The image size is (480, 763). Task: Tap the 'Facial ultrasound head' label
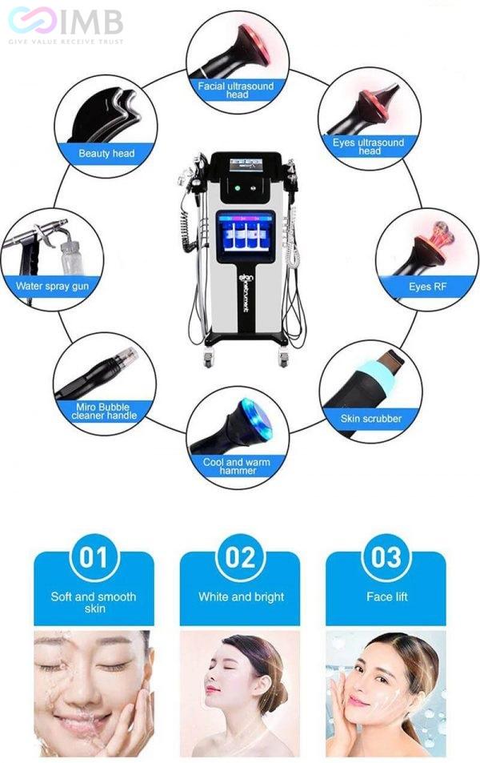pos(237,89)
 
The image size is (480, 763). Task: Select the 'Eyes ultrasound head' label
pos(369,147)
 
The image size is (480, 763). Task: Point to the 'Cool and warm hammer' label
pos(236,466)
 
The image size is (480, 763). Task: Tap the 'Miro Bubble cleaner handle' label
pos(104,411)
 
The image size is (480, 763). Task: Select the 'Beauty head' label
pos(106,153)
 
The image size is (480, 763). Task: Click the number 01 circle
pos(94,556)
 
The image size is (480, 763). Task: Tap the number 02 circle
pos(240,556)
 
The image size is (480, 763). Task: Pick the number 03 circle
pos(386,556)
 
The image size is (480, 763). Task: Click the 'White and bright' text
pos(240,596)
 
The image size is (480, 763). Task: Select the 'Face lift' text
pos(386,596)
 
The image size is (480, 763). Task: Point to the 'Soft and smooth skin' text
pos(94,602)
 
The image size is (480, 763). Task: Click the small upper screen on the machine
pos(246,165)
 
